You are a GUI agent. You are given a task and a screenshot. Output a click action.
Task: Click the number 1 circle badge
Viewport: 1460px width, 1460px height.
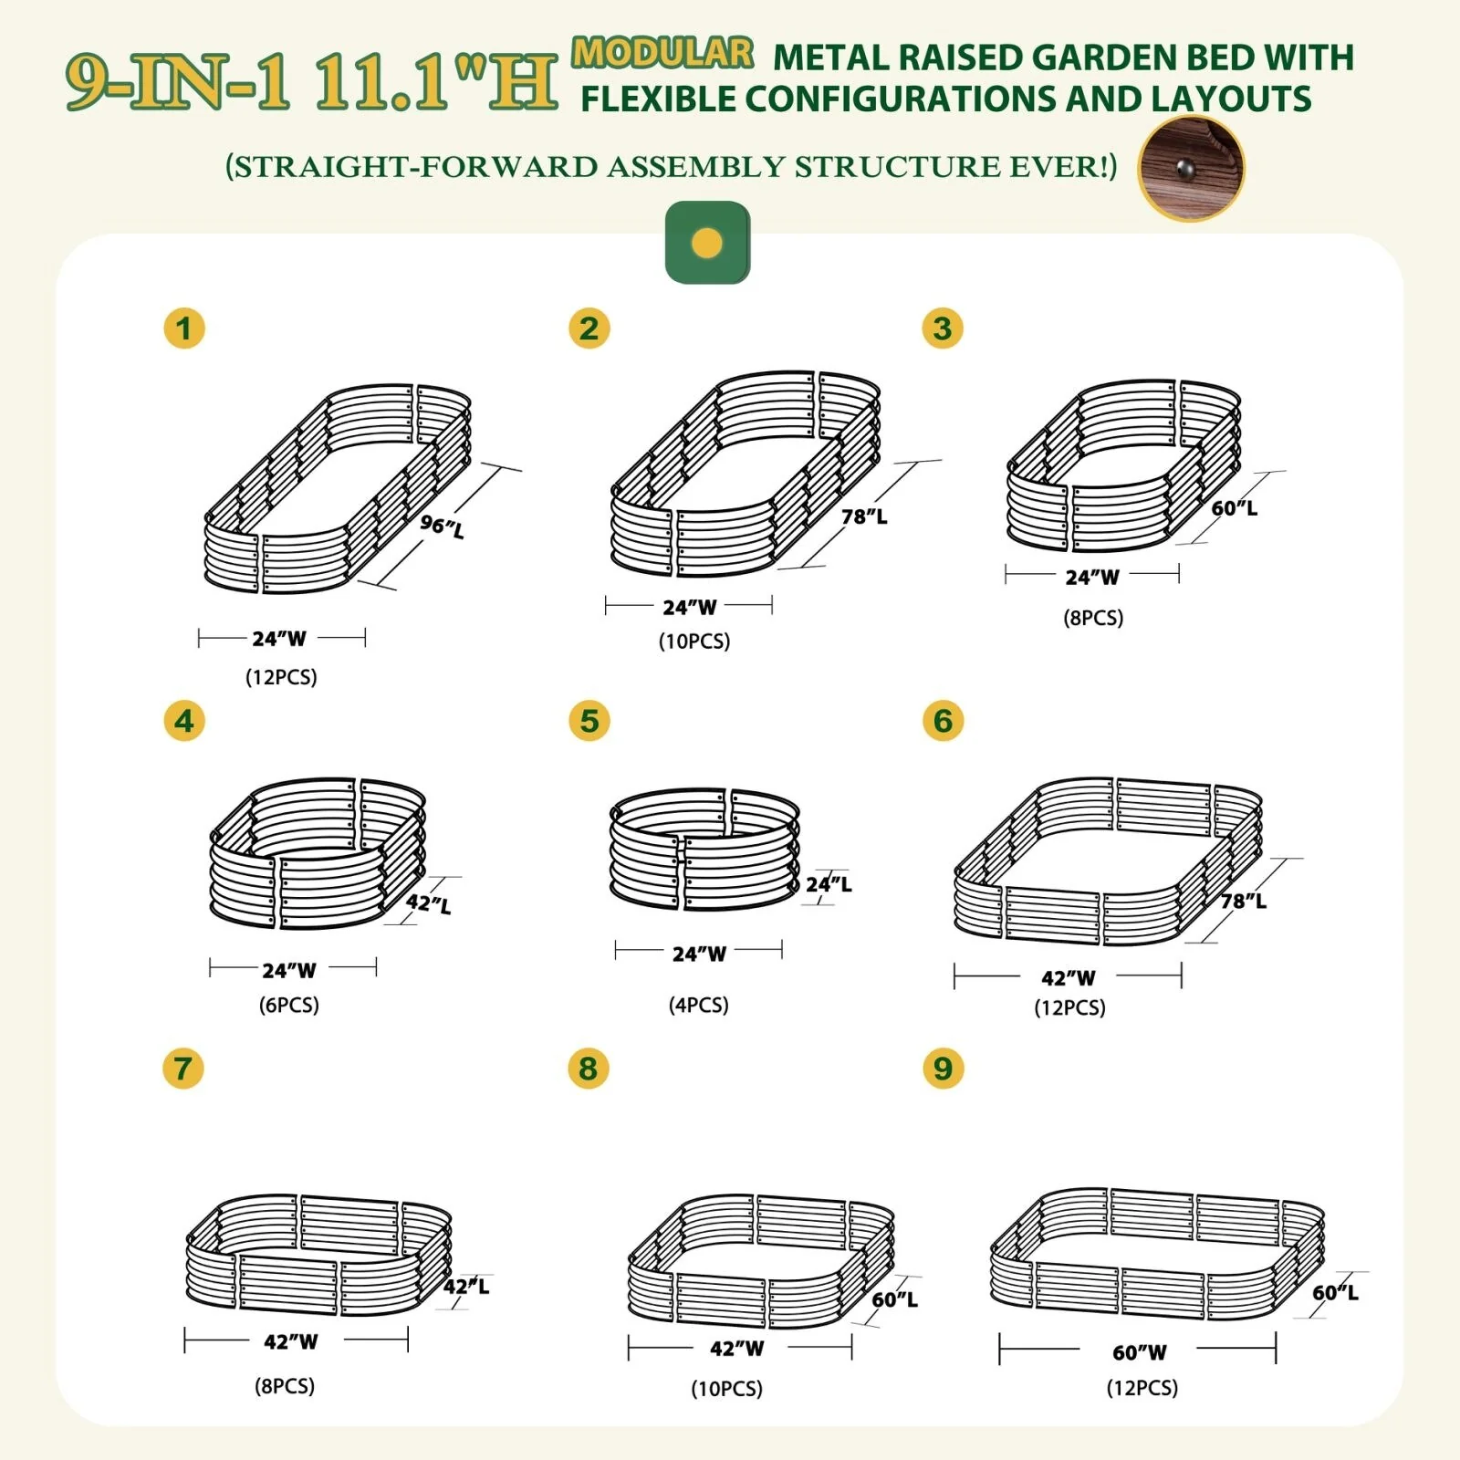(x=184, y=328)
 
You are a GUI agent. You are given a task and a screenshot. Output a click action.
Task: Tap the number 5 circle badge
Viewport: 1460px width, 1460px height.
(x=589, y=721)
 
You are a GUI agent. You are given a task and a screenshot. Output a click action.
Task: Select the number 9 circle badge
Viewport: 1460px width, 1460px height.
(x=943, y=1068)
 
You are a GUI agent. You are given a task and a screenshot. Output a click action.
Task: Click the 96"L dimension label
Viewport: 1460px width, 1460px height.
(x=443, y=526)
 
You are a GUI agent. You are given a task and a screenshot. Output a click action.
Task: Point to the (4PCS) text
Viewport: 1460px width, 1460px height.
(x=698, y=1005)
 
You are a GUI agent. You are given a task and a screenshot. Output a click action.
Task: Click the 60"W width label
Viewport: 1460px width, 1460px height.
(x=1140, y=1351)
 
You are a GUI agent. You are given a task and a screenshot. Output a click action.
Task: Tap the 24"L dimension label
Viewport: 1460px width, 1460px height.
(x=829, y=883)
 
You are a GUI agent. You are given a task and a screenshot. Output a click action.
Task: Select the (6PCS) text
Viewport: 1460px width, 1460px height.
(x=288, y=1005)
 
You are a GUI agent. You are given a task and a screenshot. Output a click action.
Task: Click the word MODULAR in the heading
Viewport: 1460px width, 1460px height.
(x=662, y=53)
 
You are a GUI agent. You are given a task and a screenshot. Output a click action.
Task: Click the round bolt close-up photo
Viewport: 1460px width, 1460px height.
(x=1191, y=168)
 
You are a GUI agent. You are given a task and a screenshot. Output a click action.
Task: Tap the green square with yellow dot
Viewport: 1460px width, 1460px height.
(x=707, y=243)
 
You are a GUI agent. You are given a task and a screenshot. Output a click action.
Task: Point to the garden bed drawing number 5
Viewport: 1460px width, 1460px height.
(x=704, y=850)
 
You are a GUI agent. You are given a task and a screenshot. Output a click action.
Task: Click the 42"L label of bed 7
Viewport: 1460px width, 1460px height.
(x=466, y=1286)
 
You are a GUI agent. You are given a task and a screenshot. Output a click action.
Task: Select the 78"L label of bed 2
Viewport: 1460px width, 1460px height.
(x=864, y=516)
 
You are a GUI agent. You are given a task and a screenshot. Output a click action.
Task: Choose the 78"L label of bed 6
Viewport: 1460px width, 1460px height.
(x=1244, y=901)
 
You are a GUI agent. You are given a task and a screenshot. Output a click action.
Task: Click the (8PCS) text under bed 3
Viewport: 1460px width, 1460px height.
(x=1093, y=618)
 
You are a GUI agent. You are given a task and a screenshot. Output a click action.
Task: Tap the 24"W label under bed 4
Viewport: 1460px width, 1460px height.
(x=289, y=970)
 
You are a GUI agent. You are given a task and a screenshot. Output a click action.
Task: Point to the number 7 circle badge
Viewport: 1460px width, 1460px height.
(x=182, y=1068)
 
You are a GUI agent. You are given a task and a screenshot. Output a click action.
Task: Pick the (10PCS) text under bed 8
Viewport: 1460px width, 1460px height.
(x=726, y=1389)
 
